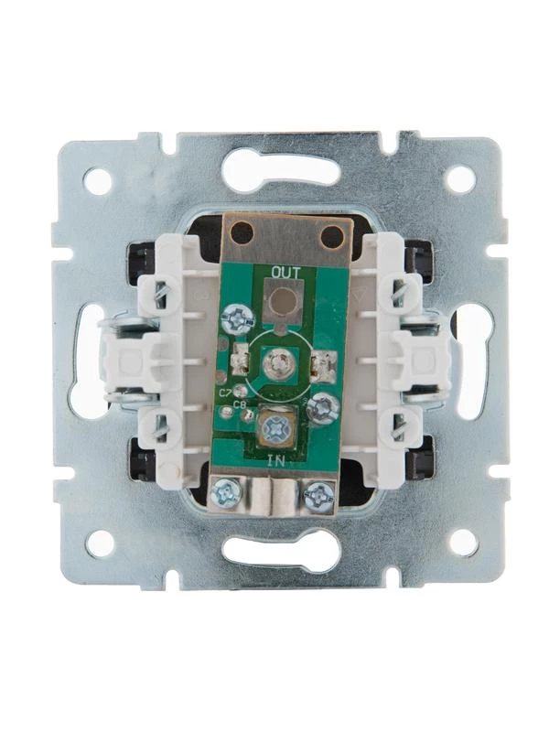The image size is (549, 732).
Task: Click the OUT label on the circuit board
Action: click(x=286, y=271)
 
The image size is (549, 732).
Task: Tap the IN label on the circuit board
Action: click(x=275, y=461)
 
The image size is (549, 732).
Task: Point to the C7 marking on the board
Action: click(x=225, y=393)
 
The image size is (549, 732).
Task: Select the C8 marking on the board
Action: click(x=240, y=404)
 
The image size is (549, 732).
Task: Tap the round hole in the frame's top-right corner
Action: click(x=461, y=178)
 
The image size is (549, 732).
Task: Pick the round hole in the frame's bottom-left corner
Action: click(x=100, y=543)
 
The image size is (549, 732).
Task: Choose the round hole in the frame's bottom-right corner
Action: click(x=464, y=543)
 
